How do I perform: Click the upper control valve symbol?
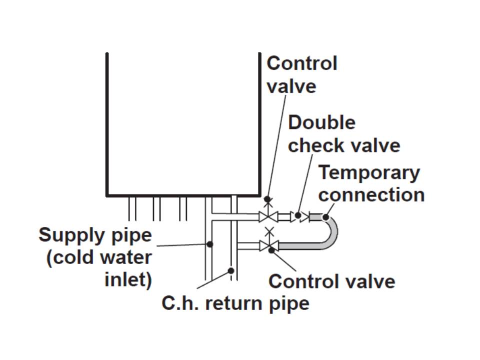tap(268, 216)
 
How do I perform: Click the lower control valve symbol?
tap(269, 245)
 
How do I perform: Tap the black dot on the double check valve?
tap(298, 216)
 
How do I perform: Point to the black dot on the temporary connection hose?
tap(325, 217)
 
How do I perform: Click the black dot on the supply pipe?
tap(210, 244)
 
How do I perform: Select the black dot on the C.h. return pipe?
tap(231, 270)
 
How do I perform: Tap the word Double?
tap(321, 122)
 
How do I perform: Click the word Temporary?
tap(369, 172)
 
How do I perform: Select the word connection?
tap(371, 194)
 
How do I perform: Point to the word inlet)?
tap(128, 279)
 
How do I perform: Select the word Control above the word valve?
tap(301, 63)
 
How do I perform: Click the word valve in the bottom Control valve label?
tap(371, 281)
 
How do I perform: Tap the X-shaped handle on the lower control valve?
tap(269, 231)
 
